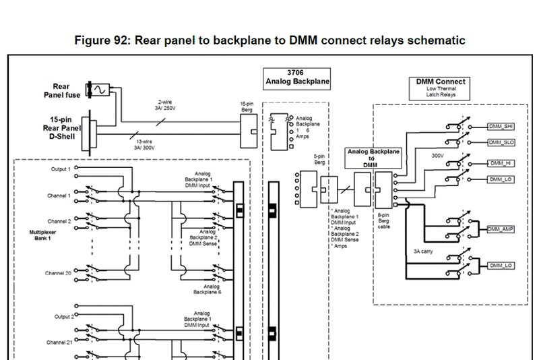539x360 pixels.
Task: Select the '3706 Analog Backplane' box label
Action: pyautogui.click(x=295, y=78)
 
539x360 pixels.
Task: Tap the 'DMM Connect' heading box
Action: pyautogui.click(x=441, y=87)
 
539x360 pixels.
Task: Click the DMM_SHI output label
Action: pyautogui.click(x=500, y=126)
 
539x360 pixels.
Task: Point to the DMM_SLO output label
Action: pyautogui.click(x=500, y=142)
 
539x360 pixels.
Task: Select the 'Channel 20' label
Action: pyautogui.click(x=59, y=273)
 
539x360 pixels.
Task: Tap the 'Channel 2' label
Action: pyautogui.click(x=59, y=221)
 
